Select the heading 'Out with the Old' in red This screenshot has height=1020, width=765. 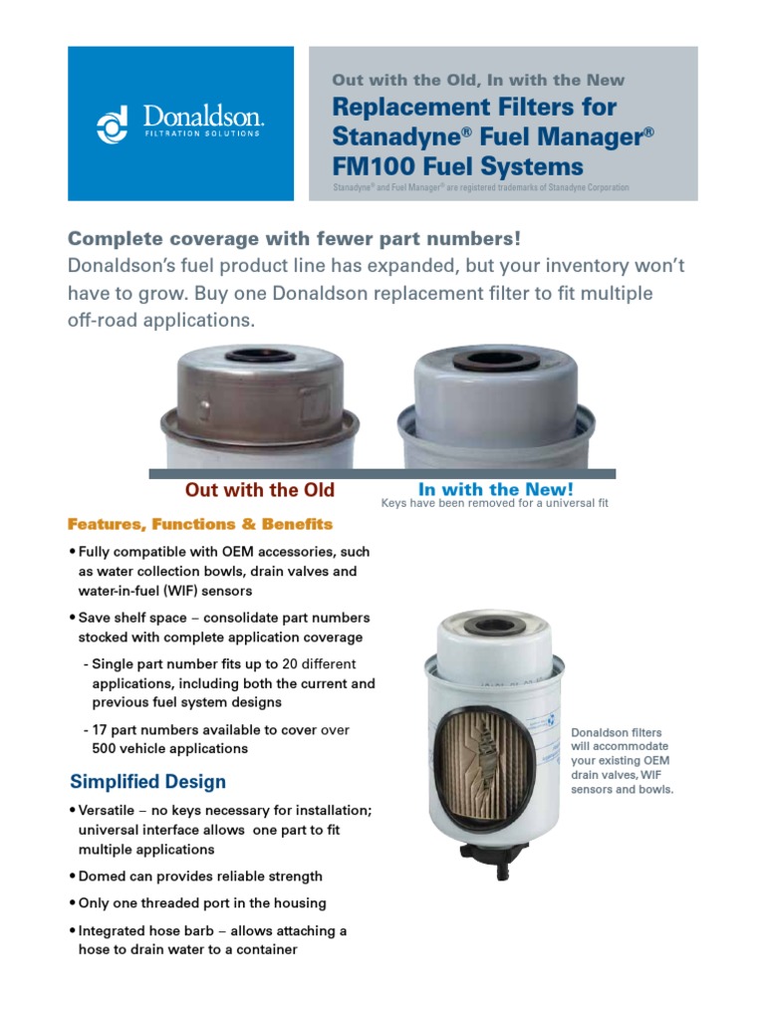[x=259, y=490]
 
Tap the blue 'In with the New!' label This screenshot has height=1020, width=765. [x=495, y=489]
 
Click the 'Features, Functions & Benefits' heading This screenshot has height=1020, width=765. [x=199, y=524]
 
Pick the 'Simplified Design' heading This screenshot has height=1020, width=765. [x=147, y=782]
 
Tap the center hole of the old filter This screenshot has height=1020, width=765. [x=259, y=356]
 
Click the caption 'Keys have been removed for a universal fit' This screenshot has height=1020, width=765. [x=494, y=504]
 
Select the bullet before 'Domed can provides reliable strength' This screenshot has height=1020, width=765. [x=72, y=877]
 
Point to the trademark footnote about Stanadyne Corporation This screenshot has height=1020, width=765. [x=480, y=187]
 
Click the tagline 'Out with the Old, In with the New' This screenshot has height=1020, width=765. [x=478, y=80]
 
